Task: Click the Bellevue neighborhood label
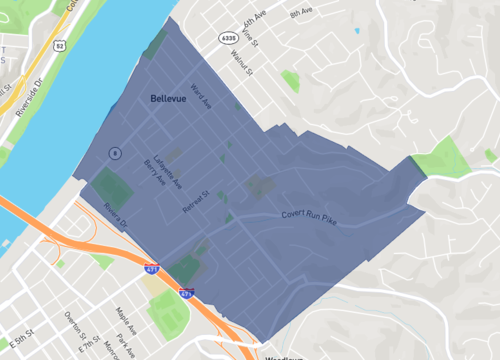click(171, 99)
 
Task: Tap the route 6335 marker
click(229, 37)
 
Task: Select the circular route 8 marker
click(115, 153)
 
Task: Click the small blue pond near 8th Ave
click(357, 30)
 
